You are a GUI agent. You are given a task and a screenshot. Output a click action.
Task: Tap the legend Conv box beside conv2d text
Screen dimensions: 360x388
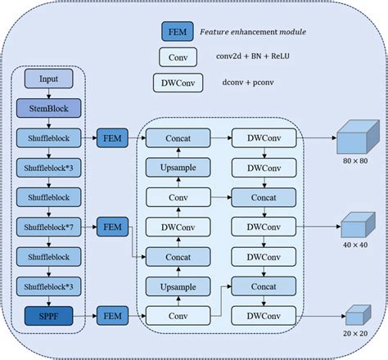click(x=178, y=57)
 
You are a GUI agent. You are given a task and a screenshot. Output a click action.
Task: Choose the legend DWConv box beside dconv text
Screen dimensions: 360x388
click(x=178, y=83)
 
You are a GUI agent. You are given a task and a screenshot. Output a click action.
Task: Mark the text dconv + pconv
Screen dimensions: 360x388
click(x=244, y=83)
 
